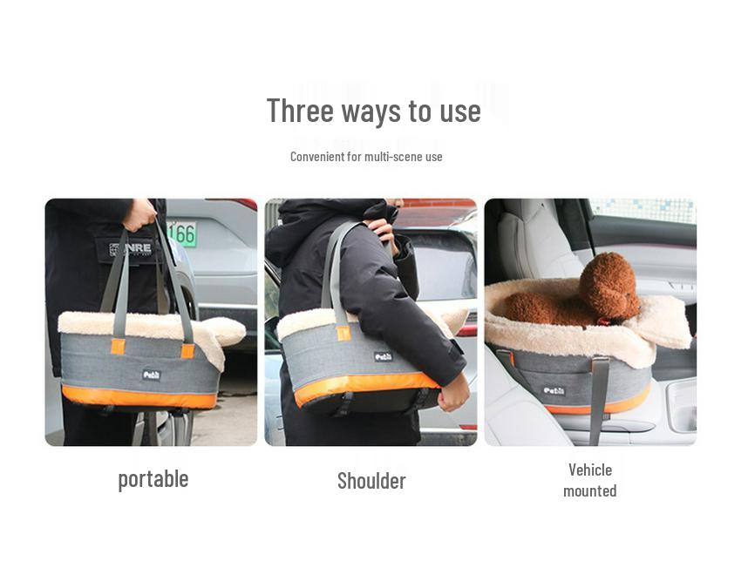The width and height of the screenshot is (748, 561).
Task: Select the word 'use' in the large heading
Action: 461,112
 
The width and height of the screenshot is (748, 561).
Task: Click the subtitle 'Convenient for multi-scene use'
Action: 366,157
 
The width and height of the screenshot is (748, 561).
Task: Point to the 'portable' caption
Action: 153,478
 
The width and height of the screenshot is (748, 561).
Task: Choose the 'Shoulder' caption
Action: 371,481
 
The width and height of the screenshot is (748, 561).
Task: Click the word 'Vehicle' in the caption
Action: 590,470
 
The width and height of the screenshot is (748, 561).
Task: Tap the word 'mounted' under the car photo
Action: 589,491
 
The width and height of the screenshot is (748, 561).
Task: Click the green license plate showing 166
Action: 182,233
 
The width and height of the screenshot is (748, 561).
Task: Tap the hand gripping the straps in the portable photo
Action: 139,214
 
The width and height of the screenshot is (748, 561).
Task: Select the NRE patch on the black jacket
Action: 130,249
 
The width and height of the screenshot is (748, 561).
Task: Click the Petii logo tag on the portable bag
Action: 152,375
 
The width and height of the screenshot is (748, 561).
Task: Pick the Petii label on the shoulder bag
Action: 383,356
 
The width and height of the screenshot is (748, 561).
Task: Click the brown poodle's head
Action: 610,284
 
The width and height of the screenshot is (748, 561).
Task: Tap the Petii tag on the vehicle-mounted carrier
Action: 554,390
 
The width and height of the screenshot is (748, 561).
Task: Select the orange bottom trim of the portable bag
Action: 139,396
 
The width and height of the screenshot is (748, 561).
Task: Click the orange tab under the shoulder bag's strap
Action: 343,333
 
